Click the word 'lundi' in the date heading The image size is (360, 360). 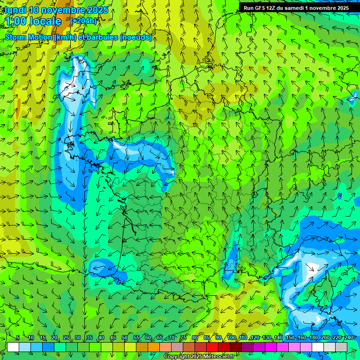(15, 10)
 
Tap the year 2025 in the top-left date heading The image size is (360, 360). (97, 10)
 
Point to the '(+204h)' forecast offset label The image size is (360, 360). (83, 21)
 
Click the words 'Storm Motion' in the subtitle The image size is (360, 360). (28, 37)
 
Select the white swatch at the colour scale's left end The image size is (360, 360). (13, 347)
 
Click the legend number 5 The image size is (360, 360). (18, 338)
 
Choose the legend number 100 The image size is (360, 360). (231, 338)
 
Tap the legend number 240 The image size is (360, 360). (349, 338)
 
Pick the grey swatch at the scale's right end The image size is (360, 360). (341, 347)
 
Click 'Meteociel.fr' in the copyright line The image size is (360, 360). (218, 357)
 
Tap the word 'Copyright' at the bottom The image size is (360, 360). (177, 357)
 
